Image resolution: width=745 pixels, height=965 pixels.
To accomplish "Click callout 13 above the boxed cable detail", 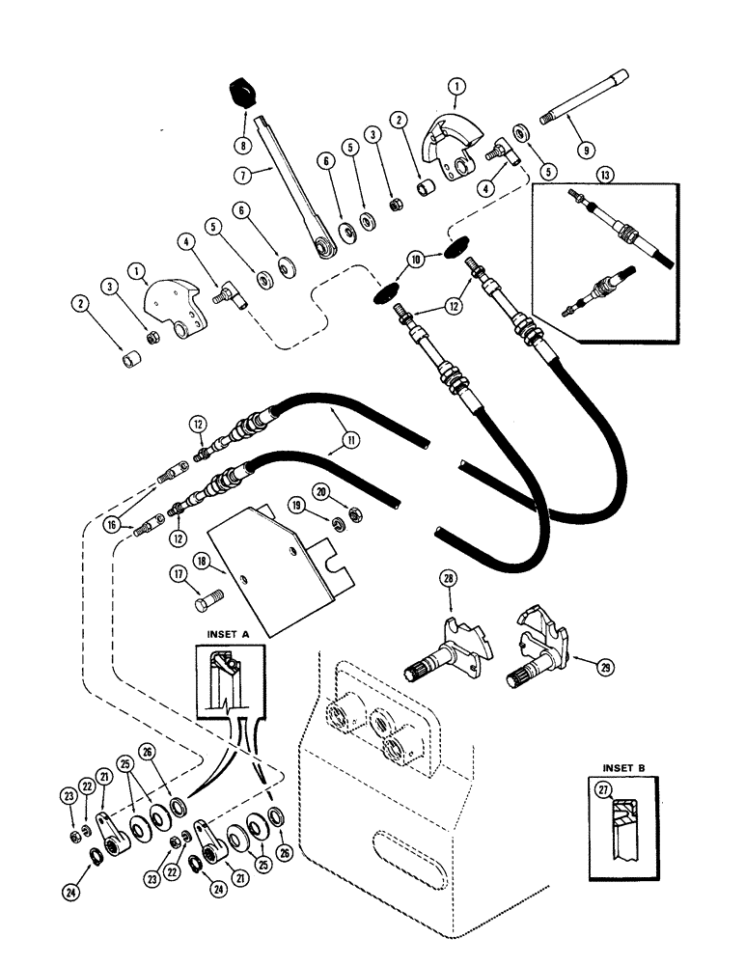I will click(577, 176).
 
